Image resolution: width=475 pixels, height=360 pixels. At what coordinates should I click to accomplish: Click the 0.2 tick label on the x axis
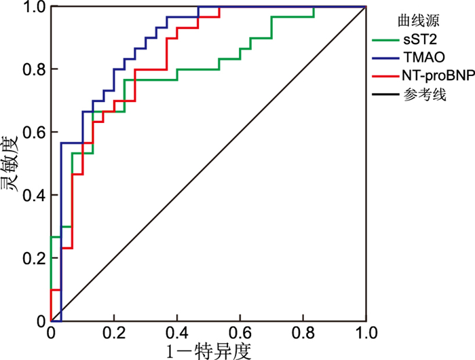(x=114, y=333)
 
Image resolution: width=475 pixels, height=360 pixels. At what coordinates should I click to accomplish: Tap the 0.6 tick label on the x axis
(x=240, y=333)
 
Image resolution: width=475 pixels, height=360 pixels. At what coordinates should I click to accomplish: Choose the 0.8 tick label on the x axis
(x=303, y=333)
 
